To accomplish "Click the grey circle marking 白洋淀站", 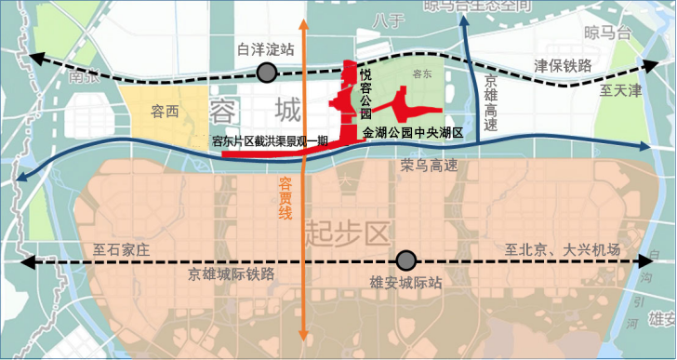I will coord(268,73).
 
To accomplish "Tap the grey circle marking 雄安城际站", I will coord(405,261).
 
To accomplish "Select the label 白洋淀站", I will coord(266,48).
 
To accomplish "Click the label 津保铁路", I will coord(563,66).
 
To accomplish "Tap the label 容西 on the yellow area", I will coord(165,111).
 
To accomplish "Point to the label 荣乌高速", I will coord(430,167).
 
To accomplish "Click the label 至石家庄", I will coord(122,250).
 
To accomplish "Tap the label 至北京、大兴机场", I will coord(563,250).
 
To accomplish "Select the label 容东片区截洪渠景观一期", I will coord(271,142).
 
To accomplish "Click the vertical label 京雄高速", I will coord(490,101).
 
